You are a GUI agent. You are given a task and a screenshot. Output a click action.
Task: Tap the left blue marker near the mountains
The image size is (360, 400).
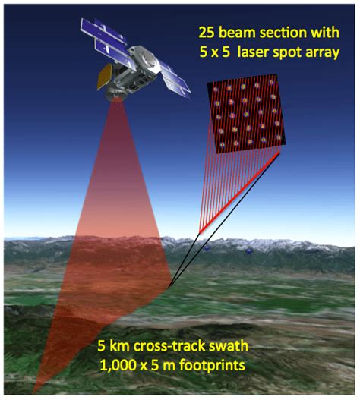pos(207,248)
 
